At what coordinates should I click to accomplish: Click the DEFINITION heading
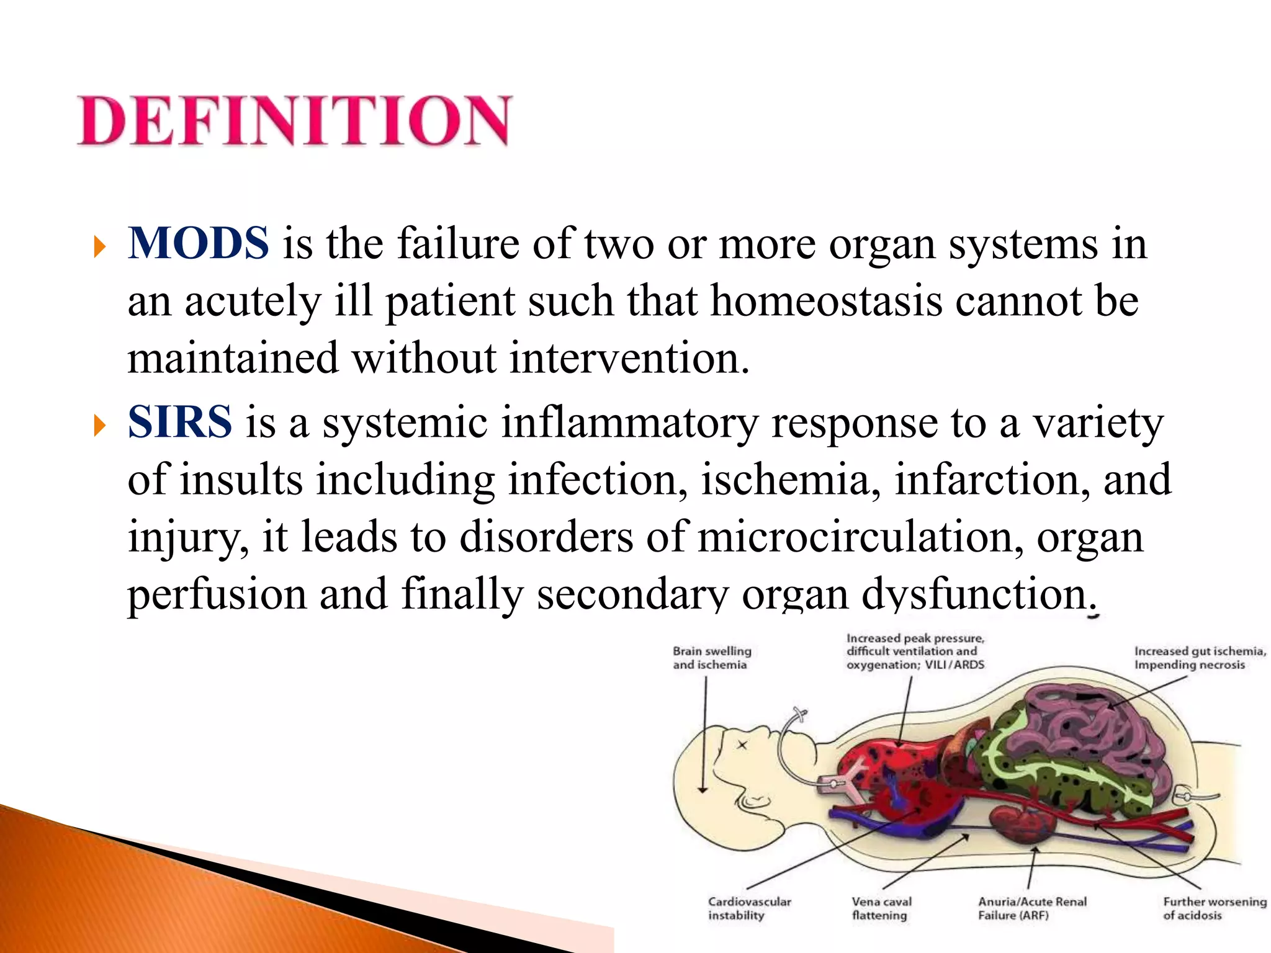[x=295, y=120]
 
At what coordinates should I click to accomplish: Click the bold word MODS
[x=199, y=243]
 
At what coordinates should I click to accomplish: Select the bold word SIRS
[x=180, y=422]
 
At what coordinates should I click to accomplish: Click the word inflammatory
[x=629, y=423]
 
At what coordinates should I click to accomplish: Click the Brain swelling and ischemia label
[x=712, y=658]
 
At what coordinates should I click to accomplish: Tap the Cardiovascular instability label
[x=749, y=908]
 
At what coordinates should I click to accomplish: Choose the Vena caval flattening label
[x=881, y=908]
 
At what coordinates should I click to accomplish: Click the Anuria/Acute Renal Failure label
[x=1032, y=908]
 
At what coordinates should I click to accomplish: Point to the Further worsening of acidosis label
[x=1214, y=908]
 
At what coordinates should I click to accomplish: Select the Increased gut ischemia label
[x=1200, y=658]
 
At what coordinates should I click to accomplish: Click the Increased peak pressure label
[x=915, y=651]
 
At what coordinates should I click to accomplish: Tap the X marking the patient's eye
[x=742, y=745]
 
